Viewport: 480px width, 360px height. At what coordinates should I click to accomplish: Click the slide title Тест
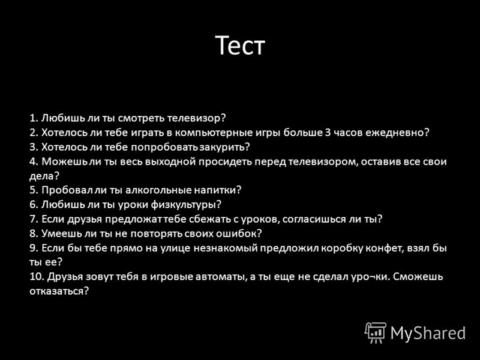pos(240,45)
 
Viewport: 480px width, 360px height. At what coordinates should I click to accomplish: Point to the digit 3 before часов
pos(328,133)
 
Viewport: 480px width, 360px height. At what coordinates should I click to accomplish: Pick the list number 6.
pos(34,205)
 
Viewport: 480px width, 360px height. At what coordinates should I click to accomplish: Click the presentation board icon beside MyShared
pos(376,333)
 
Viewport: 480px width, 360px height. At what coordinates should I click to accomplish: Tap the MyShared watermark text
pos(428,333)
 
